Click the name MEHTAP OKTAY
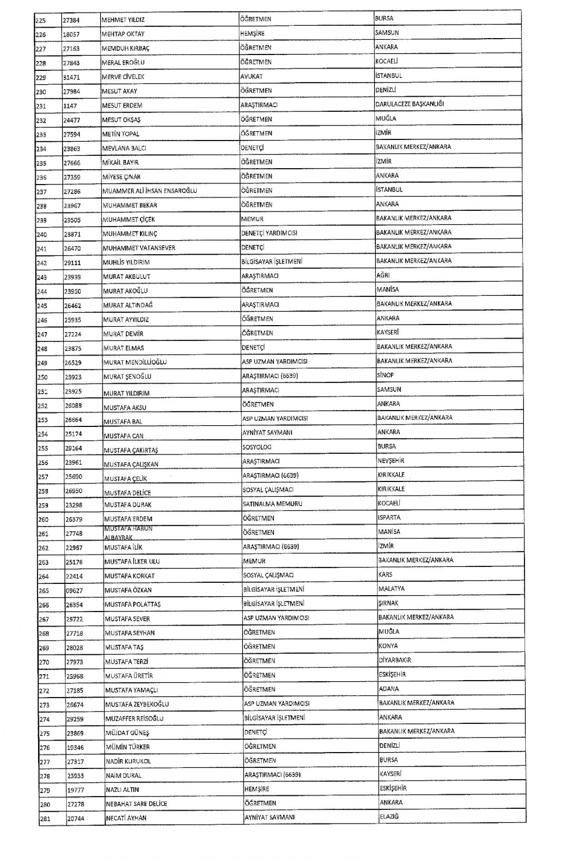pyautogui.click(x=123, y=34)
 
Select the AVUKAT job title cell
pyautogui.click(x=251, y=76)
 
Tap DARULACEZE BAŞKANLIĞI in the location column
pyautogui.click(x=409, y=104)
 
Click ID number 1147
pyautogui.click(x=70, y=105)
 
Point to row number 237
pyautogui.click(x=42, y=192)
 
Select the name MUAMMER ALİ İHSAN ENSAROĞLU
pyautogui.click(x=149, y=191)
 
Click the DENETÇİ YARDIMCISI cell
pyautogui.click(x=269, y=233)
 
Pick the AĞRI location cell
pyautogui.click(x=383, y=275)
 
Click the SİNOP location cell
pyautogui.click(x=385, y=375)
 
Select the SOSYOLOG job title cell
pyautogui.click(x=257, y=447)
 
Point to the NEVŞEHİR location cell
pyautogui.click(x=390, y=461)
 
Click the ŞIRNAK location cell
pyautogui.click(x=388, y=603)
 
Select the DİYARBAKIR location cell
pyautogui.click(x=395, y=660)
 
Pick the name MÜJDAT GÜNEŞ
pyautogui.click(x=127, y=733)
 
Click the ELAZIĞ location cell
pyautogui.click(x=389, y=816)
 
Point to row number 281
pyautogui.click(x=44, y=818)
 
